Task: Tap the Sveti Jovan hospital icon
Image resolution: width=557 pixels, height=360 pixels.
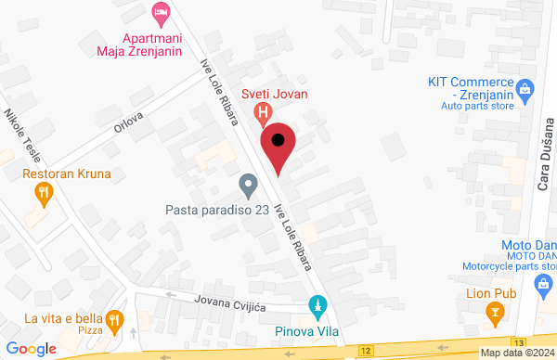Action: (x=264, y=115)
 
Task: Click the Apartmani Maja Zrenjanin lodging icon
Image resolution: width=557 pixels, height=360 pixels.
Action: (x=161, y=13)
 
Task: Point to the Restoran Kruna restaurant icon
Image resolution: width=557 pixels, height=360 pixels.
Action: (x=43, y=194)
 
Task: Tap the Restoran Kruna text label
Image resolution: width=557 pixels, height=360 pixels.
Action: (x=67, y=174)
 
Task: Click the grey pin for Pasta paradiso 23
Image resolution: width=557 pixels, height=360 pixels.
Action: (x=248, y=186)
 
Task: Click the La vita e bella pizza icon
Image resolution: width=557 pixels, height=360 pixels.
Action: (x=114, y=320)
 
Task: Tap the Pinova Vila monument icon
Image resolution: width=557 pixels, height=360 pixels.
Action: (x=317, y=305)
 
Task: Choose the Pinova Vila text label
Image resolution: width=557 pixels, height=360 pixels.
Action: (x=306, y=329)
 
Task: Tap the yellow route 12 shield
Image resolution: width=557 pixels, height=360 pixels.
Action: (x=368, y=351)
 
